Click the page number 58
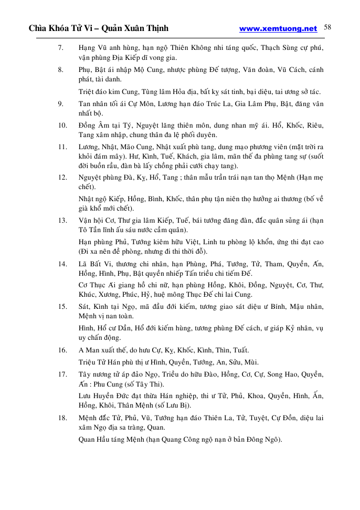pos(327,27)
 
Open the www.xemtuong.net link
pos(278,29)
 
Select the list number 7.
pos(61,48)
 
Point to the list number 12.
pos(62,178)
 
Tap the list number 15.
pos(62,306)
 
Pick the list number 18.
pos(62,418)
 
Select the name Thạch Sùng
pos(284,48)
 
